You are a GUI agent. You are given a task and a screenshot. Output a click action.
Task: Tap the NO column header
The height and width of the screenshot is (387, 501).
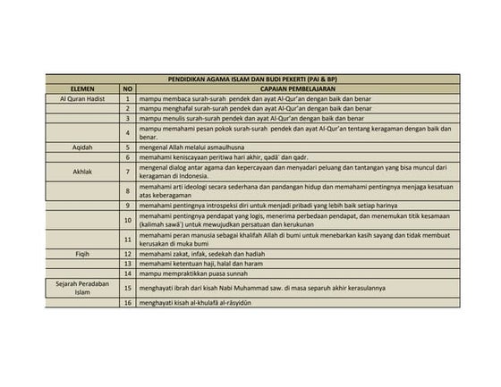128,89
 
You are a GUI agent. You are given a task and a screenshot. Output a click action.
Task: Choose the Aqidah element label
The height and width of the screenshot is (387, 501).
82,147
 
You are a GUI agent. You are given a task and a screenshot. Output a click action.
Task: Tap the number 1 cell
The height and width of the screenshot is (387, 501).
128,98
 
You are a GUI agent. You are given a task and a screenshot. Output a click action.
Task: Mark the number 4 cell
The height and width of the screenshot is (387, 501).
128,132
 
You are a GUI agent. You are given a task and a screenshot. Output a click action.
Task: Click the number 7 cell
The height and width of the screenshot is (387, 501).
128,170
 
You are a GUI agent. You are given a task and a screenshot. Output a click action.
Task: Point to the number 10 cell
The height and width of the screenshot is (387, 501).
128,219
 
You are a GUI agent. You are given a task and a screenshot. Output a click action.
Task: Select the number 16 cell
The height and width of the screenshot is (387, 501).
128,304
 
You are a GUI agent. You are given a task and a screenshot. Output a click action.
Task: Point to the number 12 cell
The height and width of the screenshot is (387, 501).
128,255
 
